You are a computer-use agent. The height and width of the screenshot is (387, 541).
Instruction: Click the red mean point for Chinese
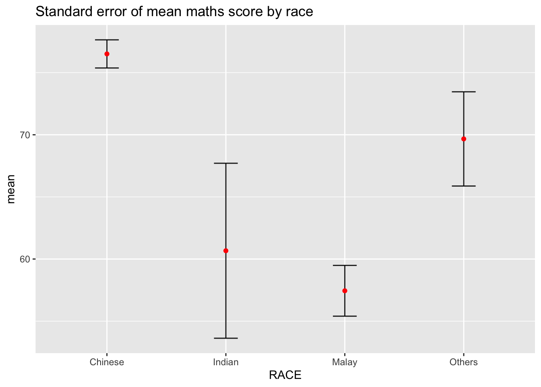point(107,54)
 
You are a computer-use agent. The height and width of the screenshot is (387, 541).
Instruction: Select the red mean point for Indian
point(226,251)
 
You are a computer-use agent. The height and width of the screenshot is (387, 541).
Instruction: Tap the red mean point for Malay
point(345,291)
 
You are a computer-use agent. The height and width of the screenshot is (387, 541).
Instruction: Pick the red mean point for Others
point(464,139)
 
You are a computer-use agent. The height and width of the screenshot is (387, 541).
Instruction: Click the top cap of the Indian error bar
point(226,163)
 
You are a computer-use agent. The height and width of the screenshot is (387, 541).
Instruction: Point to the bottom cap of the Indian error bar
point(226,338)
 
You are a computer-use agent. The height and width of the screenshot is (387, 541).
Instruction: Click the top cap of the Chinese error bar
point(107,40)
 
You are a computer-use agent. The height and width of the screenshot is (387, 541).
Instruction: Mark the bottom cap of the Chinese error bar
point(107,68)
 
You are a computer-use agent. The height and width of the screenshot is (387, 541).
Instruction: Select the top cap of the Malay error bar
point(345,265)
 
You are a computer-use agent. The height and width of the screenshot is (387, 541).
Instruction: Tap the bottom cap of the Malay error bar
point(345,316)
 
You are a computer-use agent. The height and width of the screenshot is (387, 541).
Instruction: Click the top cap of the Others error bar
point(464,92)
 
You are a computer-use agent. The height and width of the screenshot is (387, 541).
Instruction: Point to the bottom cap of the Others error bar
point(464,186)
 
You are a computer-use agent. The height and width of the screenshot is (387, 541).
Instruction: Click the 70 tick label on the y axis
point(25,135)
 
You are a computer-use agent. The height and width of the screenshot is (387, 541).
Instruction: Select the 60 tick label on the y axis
point(25,259)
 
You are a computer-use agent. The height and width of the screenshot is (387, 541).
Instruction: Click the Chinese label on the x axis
point(107,362)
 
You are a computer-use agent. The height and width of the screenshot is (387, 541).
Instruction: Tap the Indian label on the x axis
point(226,362)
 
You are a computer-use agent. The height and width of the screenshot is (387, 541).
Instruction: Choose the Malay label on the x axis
point(345,362)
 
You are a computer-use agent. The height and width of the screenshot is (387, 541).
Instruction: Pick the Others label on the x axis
point(464,362)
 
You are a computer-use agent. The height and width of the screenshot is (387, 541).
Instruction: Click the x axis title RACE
point(285,375)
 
